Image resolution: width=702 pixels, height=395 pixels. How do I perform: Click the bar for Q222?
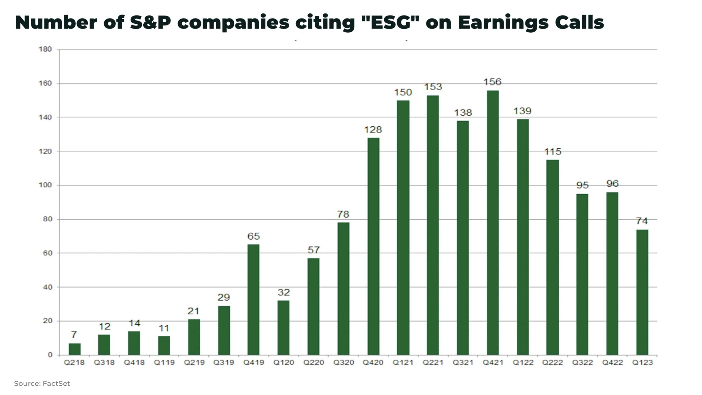click(552, 257)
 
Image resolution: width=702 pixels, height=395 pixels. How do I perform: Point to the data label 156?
click(492, 82)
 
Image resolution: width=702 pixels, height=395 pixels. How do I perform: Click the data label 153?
click(433, 87)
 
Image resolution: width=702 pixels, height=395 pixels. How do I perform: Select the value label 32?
click(283, 292)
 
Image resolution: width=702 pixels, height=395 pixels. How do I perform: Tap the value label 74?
click(642, 221)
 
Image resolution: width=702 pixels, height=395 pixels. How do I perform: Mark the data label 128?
click(373, 130)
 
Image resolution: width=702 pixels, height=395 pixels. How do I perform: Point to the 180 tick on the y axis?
click(45, 49)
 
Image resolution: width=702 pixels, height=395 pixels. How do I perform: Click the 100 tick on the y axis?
click(45, 185)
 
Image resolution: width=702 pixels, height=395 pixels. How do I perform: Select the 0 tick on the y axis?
click(50, 355)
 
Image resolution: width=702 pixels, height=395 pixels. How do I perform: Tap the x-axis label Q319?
click(223, 362)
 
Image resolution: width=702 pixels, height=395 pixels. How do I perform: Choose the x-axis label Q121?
click(403, 362)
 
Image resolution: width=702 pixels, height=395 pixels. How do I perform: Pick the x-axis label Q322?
click(582, 362)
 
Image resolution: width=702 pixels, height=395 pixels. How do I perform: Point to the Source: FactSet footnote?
click(42, 384)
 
